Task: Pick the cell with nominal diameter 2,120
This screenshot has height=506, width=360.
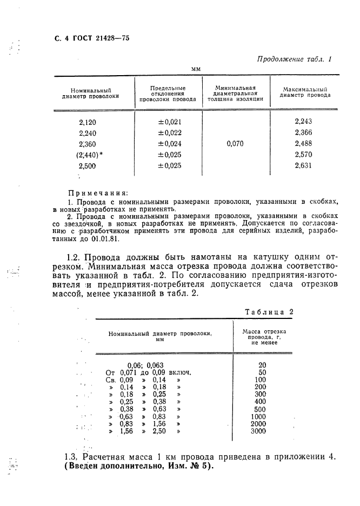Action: (88, 122)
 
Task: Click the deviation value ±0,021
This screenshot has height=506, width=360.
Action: (169, 122)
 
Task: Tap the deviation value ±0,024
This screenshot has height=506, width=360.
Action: (169, 144)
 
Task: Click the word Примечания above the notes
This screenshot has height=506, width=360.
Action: (98, 192)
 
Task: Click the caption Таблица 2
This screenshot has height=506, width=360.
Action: (268, 312)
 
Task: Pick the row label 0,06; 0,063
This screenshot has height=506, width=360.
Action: (145, 365)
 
